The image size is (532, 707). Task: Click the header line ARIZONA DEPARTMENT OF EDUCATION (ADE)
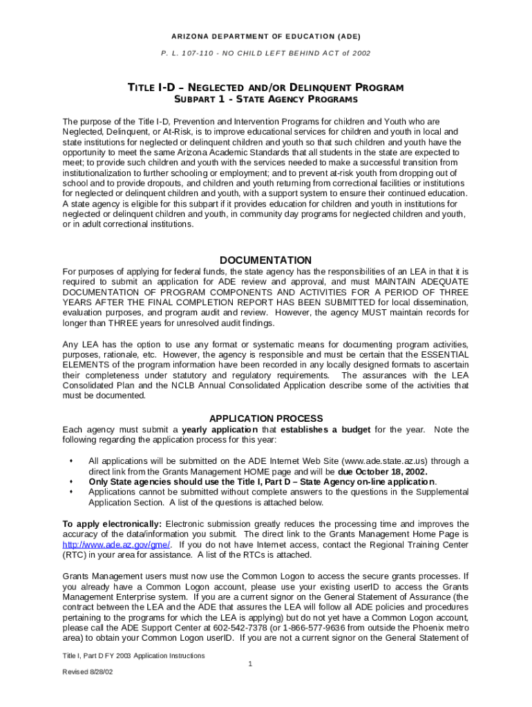point(266,36)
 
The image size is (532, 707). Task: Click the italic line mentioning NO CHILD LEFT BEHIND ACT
point(266,53)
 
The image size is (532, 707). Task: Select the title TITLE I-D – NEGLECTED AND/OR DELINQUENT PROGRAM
point(266,88)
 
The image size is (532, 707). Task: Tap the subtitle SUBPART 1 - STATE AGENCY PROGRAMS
point(266,100)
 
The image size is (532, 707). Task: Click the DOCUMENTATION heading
point(266,260)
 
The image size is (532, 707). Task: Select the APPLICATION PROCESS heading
point(266,418)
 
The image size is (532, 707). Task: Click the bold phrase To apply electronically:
point(112,523)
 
